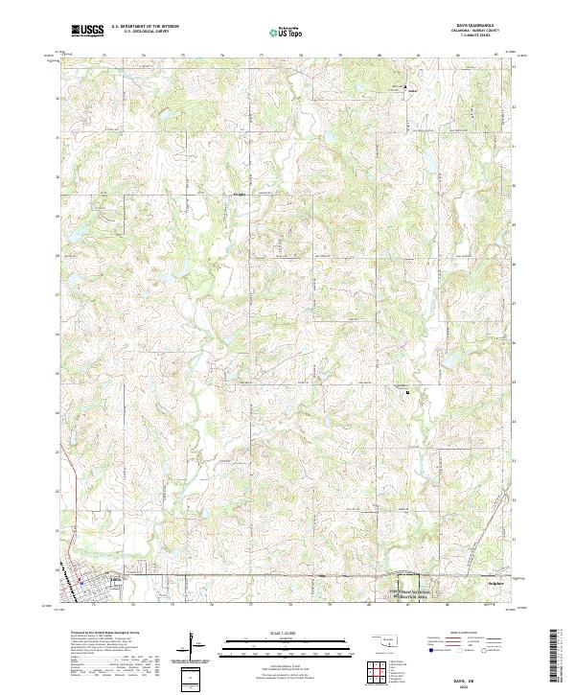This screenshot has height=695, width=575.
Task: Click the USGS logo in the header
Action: point(88,31)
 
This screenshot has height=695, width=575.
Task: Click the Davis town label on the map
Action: point(116,578)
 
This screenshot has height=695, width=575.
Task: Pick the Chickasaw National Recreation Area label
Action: point(409,594)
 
